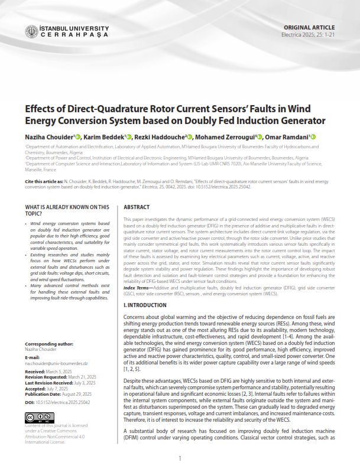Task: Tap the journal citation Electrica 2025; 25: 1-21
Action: click(309, 35)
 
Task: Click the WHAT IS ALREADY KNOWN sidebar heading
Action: click(67, 210)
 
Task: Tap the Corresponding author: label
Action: click(50, 343)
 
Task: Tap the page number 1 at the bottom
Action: click(180, 458)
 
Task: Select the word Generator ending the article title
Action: click(300, 121)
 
